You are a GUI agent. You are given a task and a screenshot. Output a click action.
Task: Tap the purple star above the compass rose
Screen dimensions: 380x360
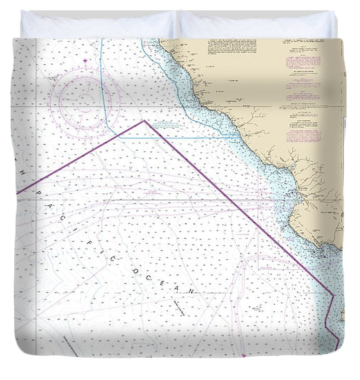click(x=85, y=60)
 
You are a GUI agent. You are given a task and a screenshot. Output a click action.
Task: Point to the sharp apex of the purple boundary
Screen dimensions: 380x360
click(x=144, y=121)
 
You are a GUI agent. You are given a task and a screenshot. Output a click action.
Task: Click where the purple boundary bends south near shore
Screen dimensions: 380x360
click(x=333, y=296)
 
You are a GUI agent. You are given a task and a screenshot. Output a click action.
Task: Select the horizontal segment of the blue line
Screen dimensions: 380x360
click(x=178, y=137)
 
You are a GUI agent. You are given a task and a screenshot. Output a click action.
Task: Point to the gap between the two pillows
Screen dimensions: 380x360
click(x=178, y=24)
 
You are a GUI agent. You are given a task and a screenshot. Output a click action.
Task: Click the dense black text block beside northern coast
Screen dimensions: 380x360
click(x=231, y=49)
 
